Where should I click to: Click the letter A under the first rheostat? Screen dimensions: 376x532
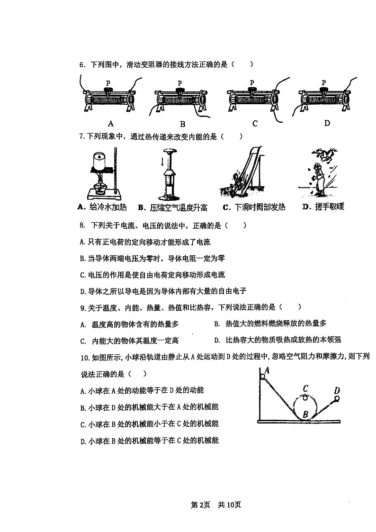111,124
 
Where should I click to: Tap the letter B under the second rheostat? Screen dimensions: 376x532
182,125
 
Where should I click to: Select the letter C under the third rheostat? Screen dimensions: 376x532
255,124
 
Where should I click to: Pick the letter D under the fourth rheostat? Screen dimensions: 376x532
327,124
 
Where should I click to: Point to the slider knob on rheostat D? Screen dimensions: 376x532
323,90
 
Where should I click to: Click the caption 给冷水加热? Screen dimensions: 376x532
103,207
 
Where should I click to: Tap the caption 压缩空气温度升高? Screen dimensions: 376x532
173,207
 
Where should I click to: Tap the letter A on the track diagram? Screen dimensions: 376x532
267,370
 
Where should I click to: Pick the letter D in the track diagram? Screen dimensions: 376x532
337,391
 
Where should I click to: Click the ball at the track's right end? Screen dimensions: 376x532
336,399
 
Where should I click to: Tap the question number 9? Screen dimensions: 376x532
82,307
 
